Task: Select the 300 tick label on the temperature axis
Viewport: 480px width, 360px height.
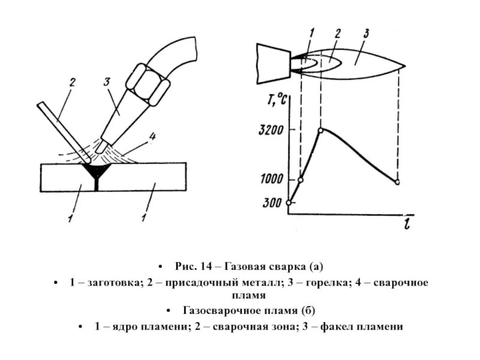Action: tap(271, 203)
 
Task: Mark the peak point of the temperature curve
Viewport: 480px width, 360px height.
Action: tap(322, 130)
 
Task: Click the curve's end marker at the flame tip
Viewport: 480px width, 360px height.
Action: tap(397, 182)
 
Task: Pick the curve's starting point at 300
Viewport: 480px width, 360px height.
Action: tap(289, 203)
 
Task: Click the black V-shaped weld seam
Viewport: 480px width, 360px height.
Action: tap(97, 173)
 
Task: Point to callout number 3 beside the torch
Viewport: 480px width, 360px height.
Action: tap(107, 82)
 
